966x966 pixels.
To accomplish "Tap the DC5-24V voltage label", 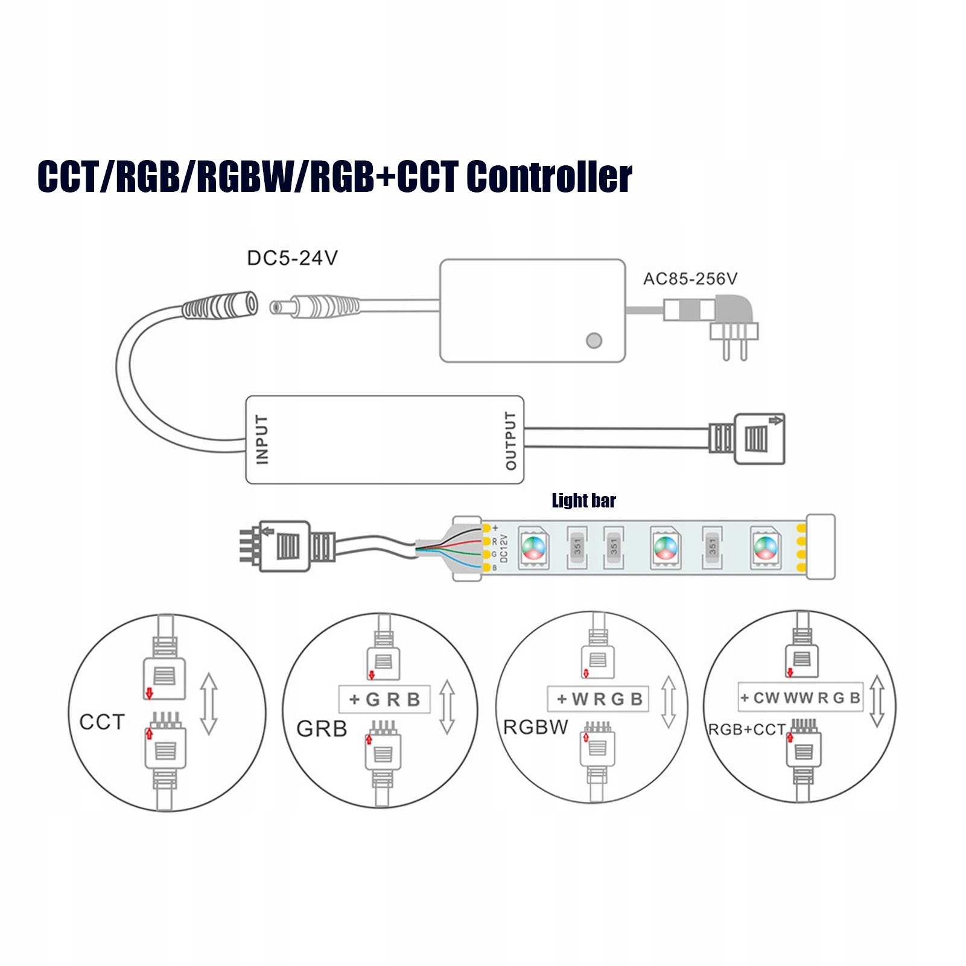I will click(292, 258).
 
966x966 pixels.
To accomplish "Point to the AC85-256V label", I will click(690, 279).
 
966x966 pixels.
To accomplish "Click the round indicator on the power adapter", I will click(594, 340).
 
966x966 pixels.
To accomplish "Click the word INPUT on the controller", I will click(262, 439).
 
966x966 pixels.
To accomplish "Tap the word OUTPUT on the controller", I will click(510, 440).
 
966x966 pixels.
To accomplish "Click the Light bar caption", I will click(583, 500).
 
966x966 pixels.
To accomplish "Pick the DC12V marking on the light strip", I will click(504, 548).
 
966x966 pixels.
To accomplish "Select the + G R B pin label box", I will click(384, 699).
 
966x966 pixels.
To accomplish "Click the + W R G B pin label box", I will click(598, 699).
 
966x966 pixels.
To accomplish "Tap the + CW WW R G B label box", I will click(800, 697).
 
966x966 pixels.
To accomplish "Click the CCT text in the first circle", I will click(102, 722).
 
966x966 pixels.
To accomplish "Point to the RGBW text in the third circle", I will click(536, 727).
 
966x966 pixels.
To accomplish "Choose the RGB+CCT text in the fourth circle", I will click(746, 729).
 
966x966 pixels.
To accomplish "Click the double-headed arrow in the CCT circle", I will click(209, 704).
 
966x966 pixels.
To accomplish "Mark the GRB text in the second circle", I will click(322, 729).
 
